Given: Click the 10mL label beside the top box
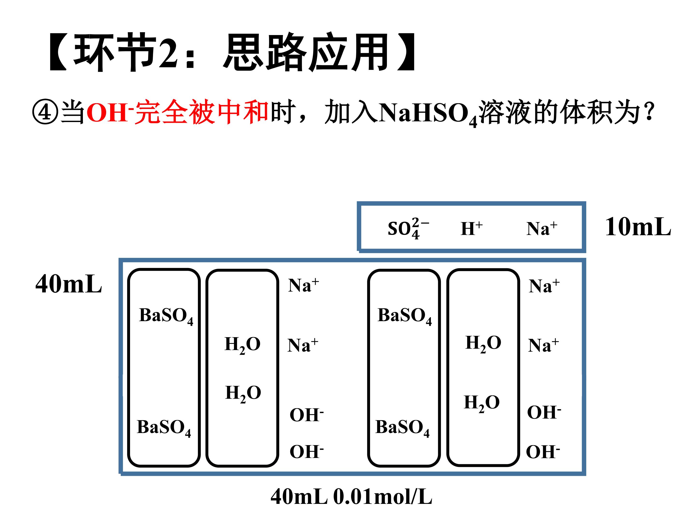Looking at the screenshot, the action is [638, 227].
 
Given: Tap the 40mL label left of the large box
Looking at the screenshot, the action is [69, 284].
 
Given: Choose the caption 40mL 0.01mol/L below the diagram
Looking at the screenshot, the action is [351, 497].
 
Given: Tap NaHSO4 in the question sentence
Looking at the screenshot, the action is [428, 114].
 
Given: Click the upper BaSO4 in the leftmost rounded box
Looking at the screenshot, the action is [166, 316].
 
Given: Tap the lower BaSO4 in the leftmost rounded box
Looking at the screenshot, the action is [164, 428].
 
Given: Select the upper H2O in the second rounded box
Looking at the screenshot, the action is [243, 345].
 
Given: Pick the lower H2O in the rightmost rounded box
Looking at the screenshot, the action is [482, 403].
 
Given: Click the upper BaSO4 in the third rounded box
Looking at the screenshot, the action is [405, 316].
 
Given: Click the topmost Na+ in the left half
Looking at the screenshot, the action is [303, 285].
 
